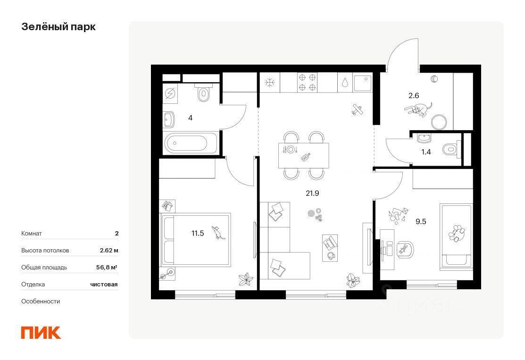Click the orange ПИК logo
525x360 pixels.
click(x=41, y=333)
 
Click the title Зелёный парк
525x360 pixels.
click(x=58, y=27)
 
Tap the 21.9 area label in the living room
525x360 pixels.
click(x=312, y=193)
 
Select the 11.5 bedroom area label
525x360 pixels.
click(x=198, y=233)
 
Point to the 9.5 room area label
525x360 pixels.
click(x=421, y=221)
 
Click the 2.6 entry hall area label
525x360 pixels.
click(x=414, y=95)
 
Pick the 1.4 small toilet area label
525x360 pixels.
click(x=426, y=152)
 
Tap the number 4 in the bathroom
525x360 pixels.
click(x=190, y=118)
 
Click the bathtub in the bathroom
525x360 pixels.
click(x=191, y=143)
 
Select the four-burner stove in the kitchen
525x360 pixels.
click(x=308, y=83)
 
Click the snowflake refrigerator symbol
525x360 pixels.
click(x=269, y=83)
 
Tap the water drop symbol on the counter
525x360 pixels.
click(x=345, y=83)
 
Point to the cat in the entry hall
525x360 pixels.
click(x=418, y=109)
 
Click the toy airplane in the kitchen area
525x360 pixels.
click(x=358, y=109)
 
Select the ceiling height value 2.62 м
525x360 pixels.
click(x=109, y=251)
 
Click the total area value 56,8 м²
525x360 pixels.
click(x=107, y=267)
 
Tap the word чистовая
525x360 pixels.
click(x=104, y=285)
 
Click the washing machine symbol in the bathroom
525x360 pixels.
click(x=170, y=94)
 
